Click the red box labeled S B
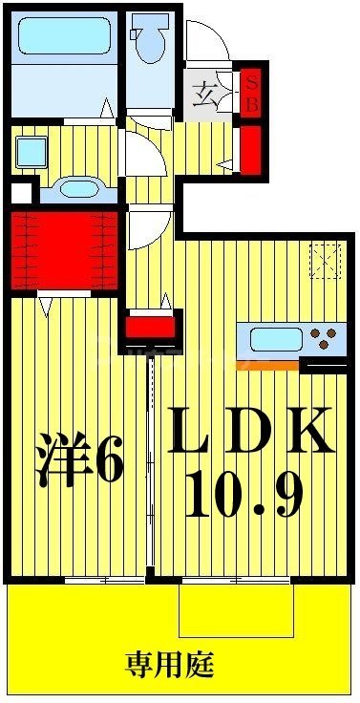(x=252, y=92)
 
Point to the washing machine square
(x=32, y=151)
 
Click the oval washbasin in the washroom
(x=74, y=188)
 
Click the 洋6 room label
(x=81, y=461)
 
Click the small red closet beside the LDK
(x=152, y=329)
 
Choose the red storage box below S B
(x=251, y=148)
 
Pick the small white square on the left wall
(x=17, y=192)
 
